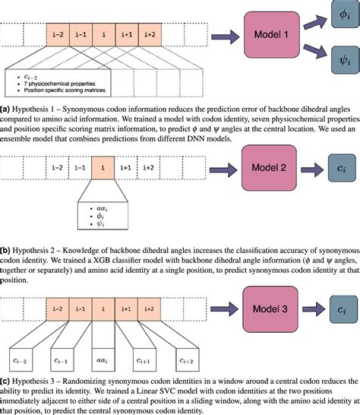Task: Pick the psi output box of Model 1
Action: (x=343, y=59)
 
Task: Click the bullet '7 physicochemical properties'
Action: (x=60, y=85)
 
